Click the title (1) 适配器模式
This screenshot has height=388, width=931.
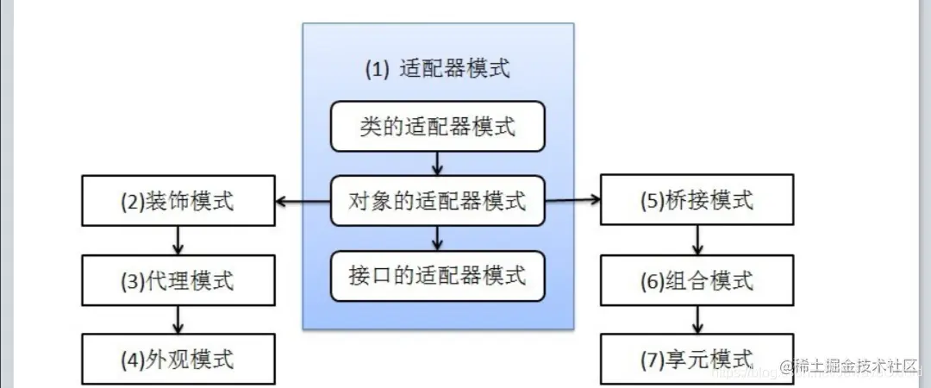pyautogui.click(x=437, y=70)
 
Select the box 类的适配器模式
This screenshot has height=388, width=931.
pyautogui.click(x=437, y=127)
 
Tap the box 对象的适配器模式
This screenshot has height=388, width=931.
pyautogui.click(x=437, y=202)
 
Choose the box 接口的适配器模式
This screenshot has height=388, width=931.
pyautogui.click(x=437, y=276)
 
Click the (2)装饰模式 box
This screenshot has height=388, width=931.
pyautogui.click(x=178, y=202)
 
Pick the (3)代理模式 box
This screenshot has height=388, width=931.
pyautogui.click(x=178, y=280)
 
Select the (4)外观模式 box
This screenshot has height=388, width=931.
pyautogui.click(x=178, y=358)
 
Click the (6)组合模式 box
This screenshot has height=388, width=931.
pyautogui.click(x=697, y=280)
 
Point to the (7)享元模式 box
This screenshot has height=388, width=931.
pyautogui.click(x=697, y=358)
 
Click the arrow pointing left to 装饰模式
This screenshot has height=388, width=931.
pyautogui.click(x=303, y=203)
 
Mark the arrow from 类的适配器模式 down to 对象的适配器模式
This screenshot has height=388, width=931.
pyautogui.click(x=438, y=164)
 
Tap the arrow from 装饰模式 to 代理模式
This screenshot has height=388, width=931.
pyautogui.click(x=178, y=241)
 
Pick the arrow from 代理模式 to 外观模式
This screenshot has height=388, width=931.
pyautogui.click(x=178, y=319)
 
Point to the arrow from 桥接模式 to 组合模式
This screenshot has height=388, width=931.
pyautogui.click(x=697, y=241)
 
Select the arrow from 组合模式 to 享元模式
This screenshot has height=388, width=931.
pyautogui.click(x=697, y=319)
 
